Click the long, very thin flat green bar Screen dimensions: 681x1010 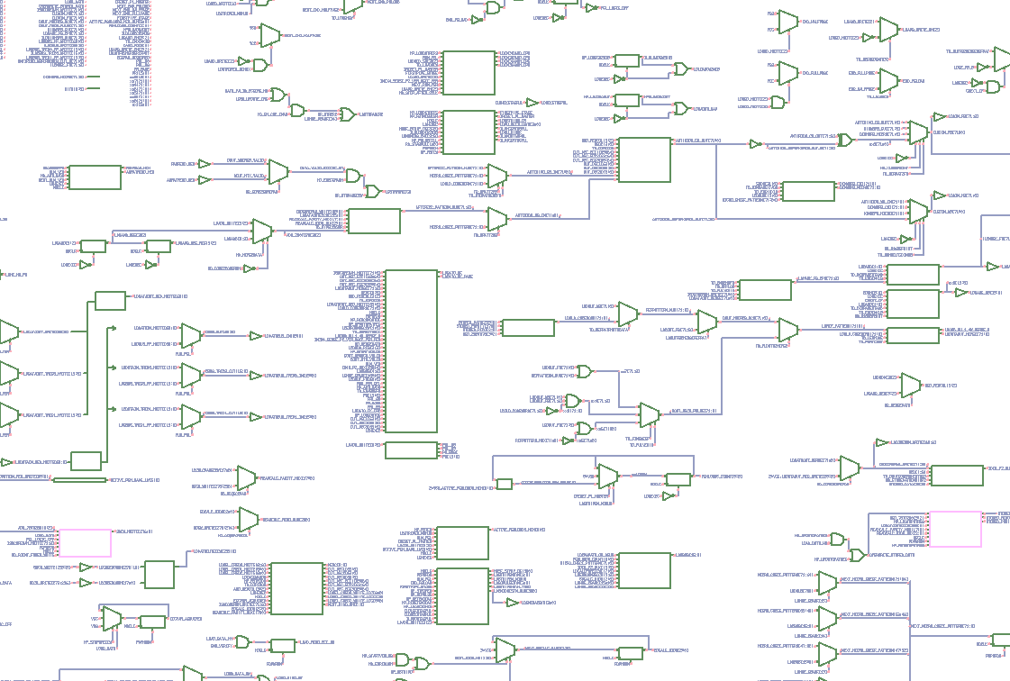pos(79,480)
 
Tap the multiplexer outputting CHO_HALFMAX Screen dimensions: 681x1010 pos(787,21)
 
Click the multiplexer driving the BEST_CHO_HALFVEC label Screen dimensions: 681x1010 pos(269,35)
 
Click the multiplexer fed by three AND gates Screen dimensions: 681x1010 pos(649,415)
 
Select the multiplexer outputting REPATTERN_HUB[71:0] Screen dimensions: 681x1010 pos(628,313)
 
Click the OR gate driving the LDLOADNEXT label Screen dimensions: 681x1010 pos(680,69)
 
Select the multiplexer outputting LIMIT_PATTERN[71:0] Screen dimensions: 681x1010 pos(787,331)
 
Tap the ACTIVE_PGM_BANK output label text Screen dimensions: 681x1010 pos(517,530)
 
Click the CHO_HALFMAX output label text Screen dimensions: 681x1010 pos(814,21)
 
